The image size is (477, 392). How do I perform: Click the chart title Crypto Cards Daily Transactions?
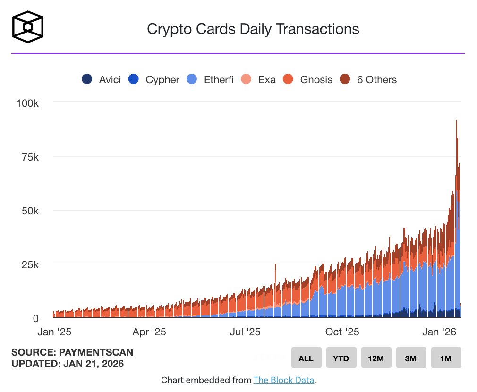pos(253,29)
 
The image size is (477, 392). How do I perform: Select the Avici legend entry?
pos(102,79)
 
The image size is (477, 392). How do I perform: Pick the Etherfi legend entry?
pos(211,79)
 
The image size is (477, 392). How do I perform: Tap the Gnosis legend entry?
pos(308,79)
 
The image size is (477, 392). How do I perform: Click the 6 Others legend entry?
pos(369,79)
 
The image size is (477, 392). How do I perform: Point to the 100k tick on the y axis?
pos(27,102)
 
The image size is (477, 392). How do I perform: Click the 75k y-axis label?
pos(30,157)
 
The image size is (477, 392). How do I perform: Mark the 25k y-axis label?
pos(30,264)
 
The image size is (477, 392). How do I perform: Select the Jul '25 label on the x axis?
pos(245,332)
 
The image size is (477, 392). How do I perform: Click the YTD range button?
pos(341,358)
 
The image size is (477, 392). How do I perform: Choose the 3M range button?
pos(411,358)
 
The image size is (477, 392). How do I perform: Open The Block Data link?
pos(283,380)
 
